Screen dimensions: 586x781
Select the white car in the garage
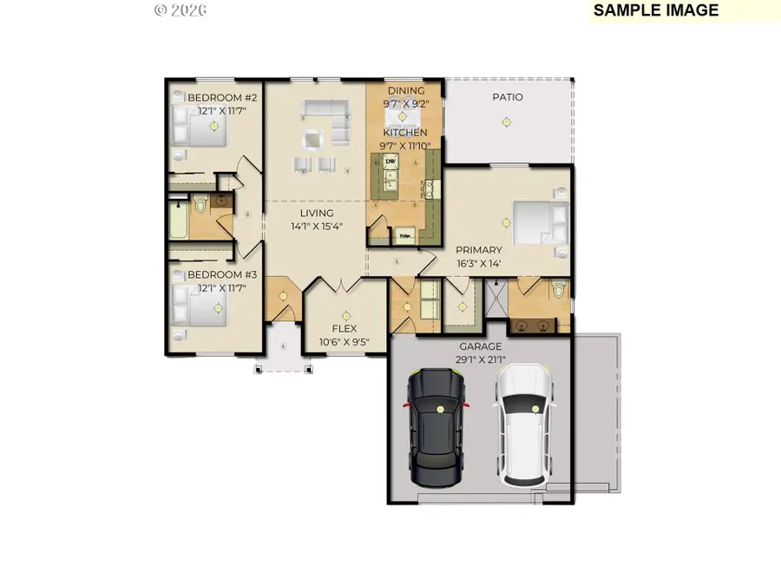(523, 425)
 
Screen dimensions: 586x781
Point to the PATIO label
(508, 97)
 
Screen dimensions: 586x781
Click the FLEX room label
(345, 329)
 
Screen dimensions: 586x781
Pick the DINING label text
(405, 90)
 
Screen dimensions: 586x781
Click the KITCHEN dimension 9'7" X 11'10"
(405, 145)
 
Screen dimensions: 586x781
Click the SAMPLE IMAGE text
(656, 10)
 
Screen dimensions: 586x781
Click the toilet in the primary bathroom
(559, 289)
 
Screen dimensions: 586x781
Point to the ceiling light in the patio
(506, 122)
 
